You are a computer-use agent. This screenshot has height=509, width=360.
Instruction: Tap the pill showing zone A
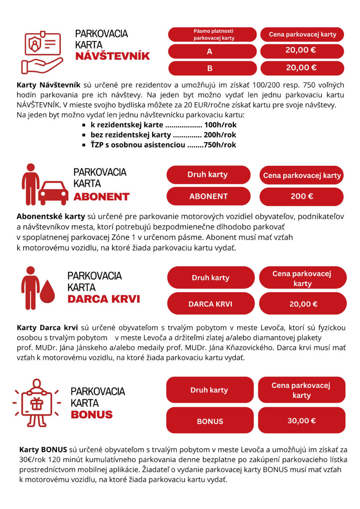click(x=212, y=51)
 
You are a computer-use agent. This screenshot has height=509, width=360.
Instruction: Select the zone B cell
click(x=212, y=68)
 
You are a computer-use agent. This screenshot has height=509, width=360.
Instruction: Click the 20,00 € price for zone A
click(x=301, y=50)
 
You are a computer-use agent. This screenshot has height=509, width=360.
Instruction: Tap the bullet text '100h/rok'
click(x=220, y=126)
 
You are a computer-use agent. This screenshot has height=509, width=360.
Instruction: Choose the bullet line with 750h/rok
click(x=163, y=145)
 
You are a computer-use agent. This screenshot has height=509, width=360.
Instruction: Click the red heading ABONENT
click(x=101, y=196)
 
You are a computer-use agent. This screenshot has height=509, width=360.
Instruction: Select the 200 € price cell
click(x=302, y=196)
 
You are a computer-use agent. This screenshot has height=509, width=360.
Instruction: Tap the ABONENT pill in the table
click(x=208, y=196)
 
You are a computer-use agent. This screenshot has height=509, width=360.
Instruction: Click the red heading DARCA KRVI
click(x=104, y=299)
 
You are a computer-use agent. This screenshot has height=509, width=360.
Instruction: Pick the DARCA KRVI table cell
click(x=211, y=304)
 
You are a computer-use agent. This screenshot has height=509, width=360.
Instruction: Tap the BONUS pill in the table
click(x=210, y=421)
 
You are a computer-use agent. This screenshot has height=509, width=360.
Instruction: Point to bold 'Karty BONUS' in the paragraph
click(x=43, y=449)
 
